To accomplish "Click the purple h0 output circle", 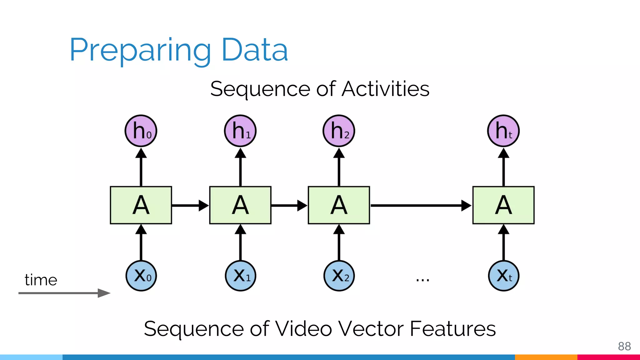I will tap(141, 131).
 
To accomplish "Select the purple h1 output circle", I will tap(240, 131).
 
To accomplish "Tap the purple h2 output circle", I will tap(339, 131).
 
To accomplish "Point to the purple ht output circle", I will tap(503, 131).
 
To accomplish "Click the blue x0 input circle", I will tap(141, 276).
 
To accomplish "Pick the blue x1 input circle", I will tap(240, 276).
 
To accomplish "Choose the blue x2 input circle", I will tap(339, 276).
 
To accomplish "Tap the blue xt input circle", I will tap(503, 276).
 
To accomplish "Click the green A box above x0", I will tap(141, 205).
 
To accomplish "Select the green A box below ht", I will tap(503, 205).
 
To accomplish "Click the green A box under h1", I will tap(240, 205).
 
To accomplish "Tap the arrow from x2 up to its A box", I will tap(339, 242).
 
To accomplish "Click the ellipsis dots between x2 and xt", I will tap(422, 280).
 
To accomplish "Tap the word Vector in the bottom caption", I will tap(372, 329).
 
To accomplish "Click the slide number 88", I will tap(624, 346).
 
